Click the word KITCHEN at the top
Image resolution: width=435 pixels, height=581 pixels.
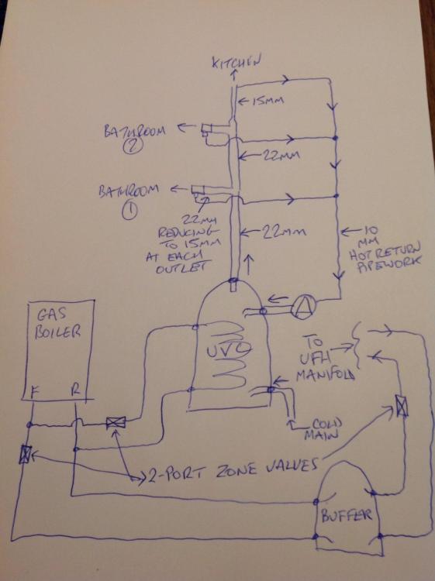coord(236,62)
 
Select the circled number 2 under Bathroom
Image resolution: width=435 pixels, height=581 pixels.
coord(131,146)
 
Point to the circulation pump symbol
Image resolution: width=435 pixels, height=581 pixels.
coord(303,308)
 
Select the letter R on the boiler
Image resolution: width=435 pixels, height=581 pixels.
coord(75,390)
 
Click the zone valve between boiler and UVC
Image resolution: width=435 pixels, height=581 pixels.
coord(116,422)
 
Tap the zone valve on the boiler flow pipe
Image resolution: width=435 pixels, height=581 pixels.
coord(25,454)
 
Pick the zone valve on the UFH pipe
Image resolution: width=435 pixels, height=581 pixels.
coord(401,406)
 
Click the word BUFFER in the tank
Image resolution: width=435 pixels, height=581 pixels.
coord(347,515)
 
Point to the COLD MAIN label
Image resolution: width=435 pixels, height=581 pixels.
coord(323,428)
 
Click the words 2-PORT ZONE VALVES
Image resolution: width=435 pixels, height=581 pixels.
coord(233,470)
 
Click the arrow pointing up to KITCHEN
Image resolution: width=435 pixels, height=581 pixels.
coord(233,74)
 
